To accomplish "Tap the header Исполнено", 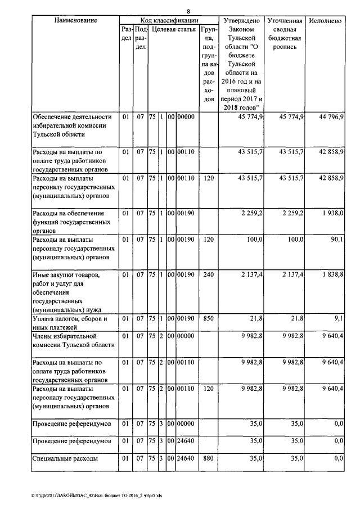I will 325,20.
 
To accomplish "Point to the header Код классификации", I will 168,20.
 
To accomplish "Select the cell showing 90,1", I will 335,240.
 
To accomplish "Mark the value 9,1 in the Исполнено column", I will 337,319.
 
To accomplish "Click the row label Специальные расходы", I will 66,458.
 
